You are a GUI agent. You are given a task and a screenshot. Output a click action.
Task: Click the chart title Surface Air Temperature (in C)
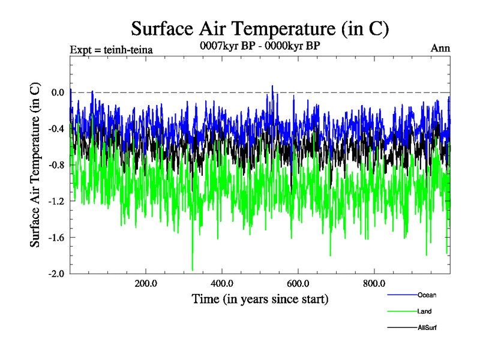pyautogui.click(x=260, y=28)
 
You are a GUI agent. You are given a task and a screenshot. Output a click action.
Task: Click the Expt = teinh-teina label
pyautogui.click(x=111, y=50)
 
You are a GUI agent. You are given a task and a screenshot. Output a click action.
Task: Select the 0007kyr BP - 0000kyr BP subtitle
pyautogui.click(x=260, y=45)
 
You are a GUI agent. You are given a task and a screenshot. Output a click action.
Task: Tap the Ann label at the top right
pyautogui.click(x=440, y=49)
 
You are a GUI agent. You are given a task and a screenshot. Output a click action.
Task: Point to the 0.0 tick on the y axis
pyautogui.click(x=58, y=92)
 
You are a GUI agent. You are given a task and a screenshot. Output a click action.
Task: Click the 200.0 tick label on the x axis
pyautogui.click(x=146, y=284)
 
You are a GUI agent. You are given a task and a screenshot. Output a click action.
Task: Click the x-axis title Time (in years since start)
pyautogui.click(x=260, y=299)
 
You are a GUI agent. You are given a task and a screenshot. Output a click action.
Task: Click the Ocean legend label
pyautogui.click(x=427, y=295)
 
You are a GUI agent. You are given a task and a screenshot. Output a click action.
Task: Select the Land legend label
pyautogui.click(x=424, y=311)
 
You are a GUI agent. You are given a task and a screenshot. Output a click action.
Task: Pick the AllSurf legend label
pyautogui.click(x=427, y=328)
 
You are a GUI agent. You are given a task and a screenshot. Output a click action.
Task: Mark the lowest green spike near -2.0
pyautogui.click(x=193, y=270)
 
